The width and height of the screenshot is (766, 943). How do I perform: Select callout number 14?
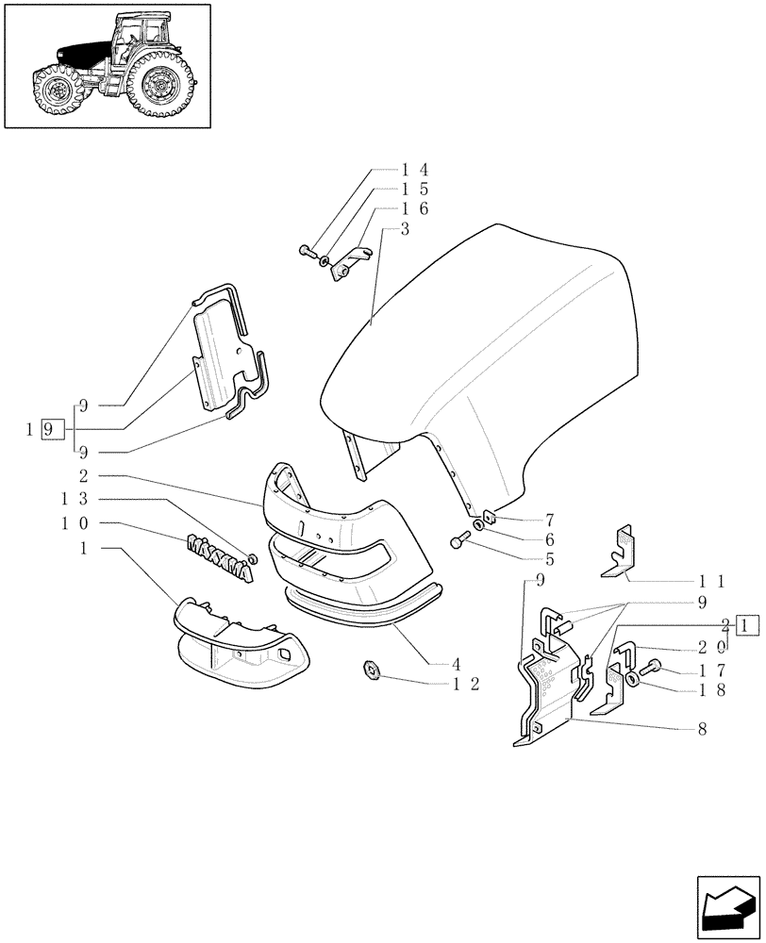coord(415,171)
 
